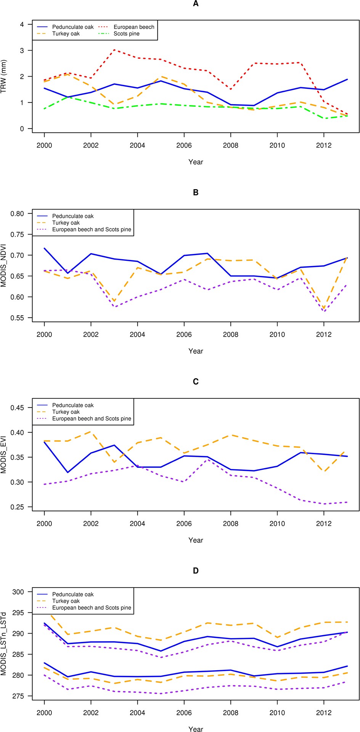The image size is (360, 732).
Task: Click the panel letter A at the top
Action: coord(196,4)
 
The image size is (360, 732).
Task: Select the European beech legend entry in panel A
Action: coord(134,27)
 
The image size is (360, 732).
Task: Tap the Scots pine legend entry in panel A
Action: coord(126,34)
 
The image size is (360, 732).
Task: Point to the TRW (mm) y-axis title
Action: coord(4,76)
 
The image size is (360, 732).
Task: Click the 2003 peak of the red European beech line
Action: coord(114,50)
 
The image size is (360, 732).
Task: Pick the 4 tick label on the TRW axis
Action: coord(22,24)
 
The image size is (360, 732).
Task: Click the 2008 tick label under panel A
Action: coord(230,145)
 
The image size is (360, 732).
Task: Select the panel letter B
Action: coord(196,193)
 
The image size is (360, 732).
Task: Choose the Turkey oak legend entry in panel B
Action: coord(66,223)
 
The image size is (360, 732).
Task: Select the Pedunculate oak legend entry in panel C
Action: coord(72,405)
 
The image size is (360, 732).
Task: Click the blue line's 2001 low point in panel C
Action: coord(67,472)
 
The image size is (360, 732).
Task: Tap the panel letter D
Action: coord(196,571)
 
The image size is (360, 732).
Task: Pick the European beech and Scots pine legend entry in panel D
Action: coord(92,608)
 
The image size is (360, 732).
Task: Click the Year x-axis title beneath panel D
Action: coord(196,729)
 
